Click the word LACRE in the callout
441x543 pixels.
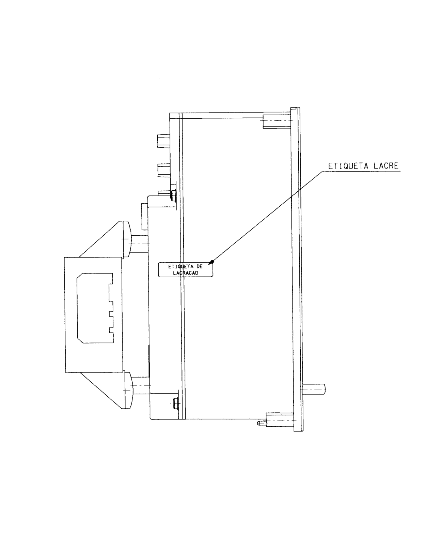pos(386,166)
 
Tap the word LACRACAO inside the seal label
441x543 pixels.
pos(186,273)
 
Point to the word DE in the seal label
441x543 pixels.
pos(199,266)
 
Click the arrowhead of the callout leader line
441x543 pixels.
pos(211,262)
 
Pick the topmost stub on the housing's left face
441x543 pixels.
pos(164,141)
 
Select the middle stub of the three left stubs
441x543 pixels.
pos(164,170)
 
